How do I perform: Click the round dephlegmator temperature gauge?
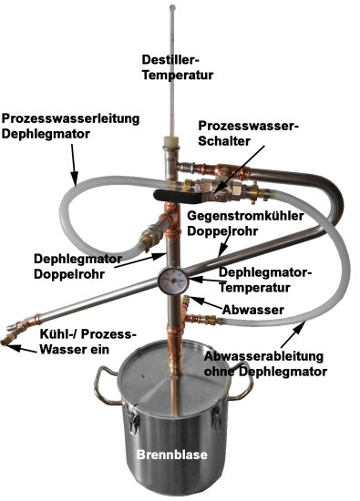(173, 280)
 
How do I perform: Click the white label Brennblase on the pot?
(172, 454)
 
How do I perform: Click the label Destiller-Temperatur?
(178, 67)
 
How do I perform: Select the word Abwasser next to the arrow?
(253, 310)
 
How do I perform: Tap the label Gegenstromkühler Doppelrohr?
(245, 223)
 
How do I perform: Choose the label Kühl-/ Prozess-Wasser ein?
(86, 342)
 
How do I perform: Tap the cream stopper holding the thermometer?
(171, 141)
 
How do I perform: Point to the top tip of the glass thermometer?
(172, 6)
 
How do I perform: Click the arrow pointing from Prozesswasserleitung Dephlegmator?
(74, 165)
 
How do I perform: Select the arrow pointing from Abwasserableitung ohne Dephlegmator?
(293, 335)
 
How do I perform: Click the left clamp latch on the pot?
(133, 420)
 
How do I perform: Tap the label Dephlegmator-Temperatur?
(264, 280)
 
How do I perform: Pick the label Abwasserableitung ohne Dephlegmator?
(265, 363)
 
